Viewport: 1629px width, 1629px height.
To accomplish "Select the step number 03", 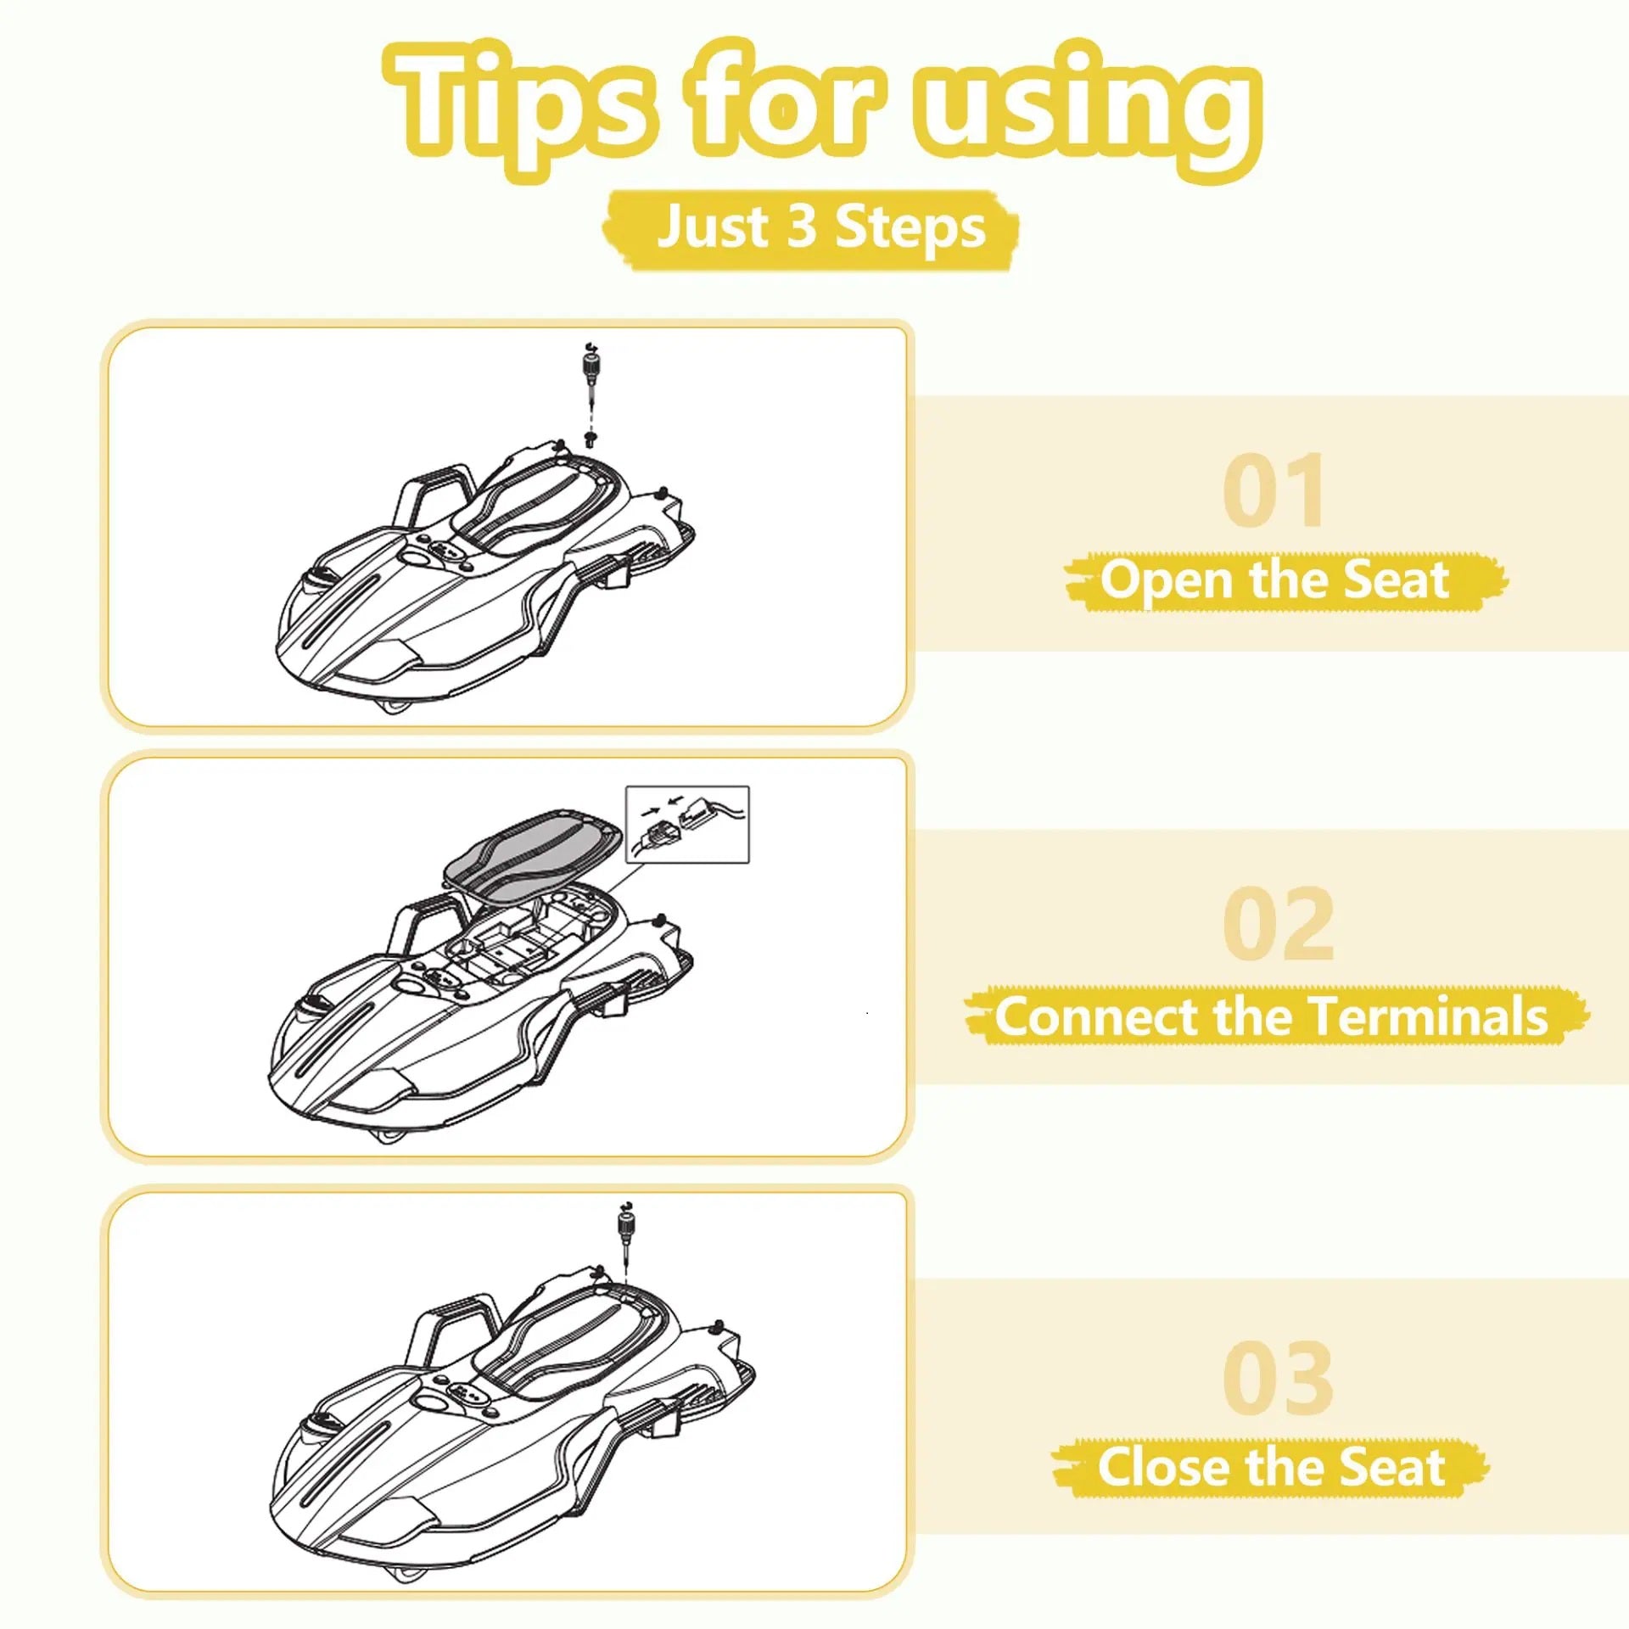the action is pyautogui.click(x=1278, y=1378).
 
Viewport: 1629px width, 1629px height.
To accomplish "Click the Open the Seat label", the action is pyautogui.click(x=1276, y=580).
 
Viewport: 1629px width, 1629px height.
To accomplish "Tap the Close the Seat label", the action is pyautogui.click(x=1271, y=1467).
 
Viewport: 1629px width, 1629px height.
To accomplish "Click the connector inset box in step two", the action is pyautogui.click(x=687, y=824).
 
